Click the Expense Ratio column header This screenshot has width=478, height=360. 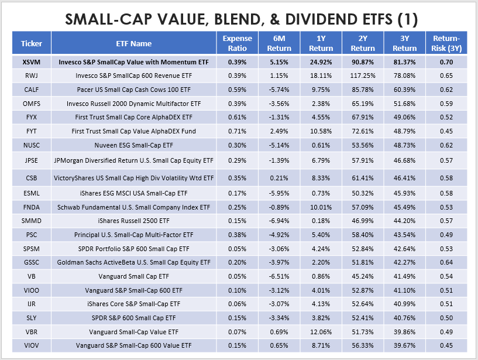click(x=237, y=43)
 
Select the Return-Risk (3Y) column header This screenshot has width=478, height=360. click(x=447, y=43)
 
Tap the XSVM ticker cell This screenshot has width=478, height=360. click(x=32, y=61)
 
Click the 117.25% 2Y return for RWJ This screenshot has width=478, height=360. click(x=363, y=76)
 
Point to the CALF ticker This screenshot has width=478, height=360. click(x=32, y=90)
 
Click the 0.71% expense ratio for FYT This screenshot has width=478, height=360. click(x=237, y=131)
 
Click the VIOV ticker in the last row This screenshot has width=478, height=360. click(x=32, y=345)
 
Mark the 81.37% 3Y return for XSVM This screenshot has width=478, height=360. click(x=404, y=61)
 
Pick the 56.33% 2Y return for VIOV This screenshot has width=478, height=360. click(x=363, y=345)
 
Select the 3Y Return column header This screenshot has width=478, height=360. click(x=404, y=43)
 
